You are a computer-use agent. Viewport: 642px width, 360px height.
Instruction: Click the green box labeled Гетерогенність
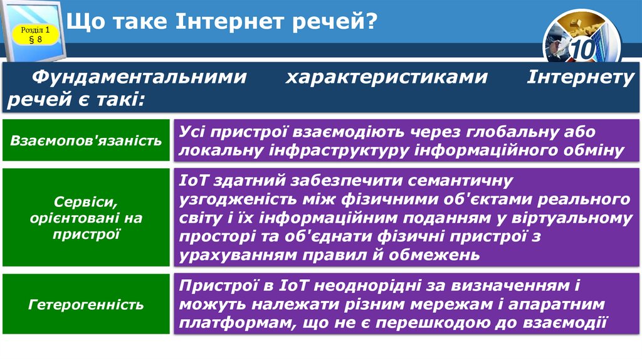(86, 305)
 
